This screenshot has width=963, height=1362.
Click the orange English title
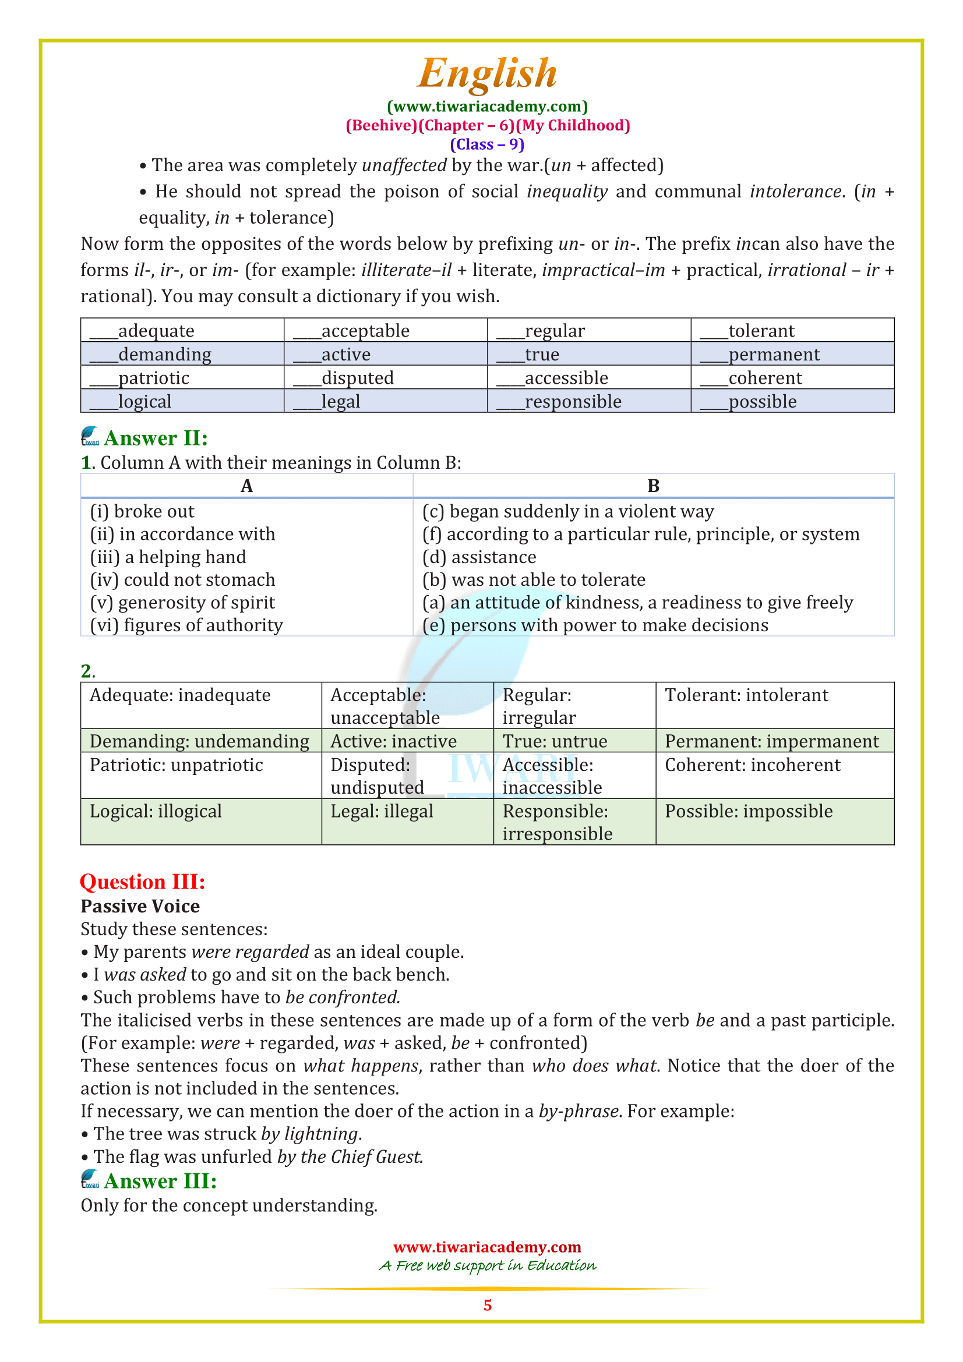486,73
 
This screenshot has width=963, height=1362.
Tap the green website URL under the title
486,106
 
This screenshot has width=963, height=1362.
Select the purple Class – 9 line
486,144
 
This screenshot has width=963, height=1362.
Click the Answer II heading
156,438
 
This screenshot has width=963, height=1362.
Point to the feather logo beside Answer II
90,437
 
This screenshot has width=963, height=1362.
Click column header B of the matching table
652,486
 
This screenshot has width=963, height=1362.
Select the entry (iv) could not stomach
183,579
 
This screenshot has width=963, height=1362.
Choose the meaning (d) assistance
479,557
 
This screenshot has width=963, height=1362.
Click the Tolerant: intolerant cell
746,695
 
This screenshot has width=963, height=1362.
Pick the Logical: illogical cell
156,811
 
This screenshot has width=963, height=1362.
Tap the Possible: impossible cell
748,811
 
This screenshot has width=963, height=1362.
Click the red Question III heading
142,882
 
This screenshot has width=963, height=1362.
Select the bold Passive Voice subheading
140,906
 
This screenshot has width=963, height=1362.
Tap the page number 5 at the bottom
487,1305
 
